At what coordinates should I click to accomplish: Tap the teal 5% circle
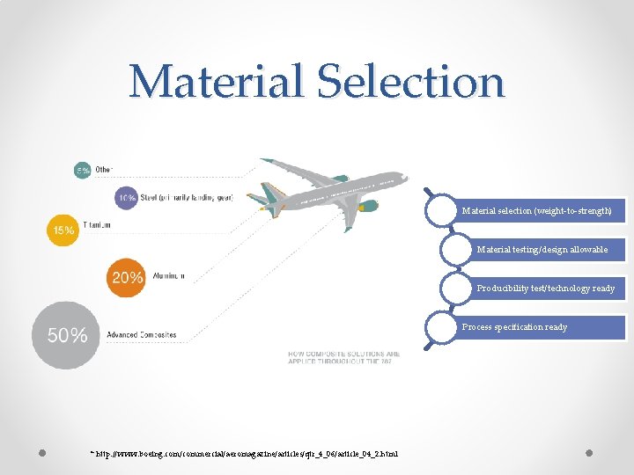click(82, 171)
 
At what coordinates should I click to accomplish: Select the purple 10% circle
click(126, 198)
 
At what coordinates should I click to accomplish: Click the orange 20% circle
click(127, 277)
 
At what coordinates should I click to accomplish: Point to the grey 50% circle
click(66, 335)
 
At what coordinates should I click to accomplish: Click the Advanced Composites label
click(142, 335)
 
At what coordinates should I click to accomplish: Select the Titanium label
click(97, 226)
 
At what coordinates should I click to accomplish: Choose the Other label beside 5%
click(104, 170)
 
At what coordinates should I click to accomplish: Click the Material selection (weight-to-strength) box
click(536, 211)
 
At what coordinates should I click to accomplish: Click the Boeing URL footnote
click(245, 454)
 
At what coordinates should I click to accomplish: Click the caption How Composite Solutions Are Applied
click(343, 358)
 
